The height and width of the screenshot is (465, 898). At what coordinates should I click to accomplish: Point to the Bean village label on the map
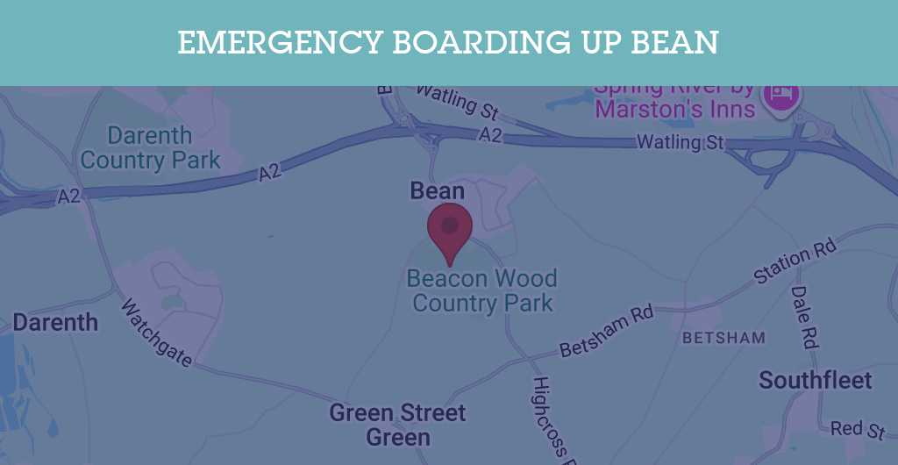click(x=438, y=190)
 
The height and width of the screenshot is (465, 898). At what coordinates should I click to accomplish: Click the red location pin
click(x=450, y=228)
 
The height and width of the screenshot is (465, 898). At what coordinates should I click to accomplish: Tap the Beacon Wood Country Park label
click(x=482, y=291)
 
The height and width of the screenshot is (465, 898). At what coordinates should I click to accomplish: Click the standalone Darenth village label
click(x=55, y=322)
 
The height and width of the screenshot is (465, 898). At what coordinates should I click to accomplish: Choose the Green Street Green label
click(x=398, y=425)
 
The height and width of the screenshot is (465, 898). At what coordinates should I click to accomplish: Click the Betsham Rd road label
click(x=607, y=332)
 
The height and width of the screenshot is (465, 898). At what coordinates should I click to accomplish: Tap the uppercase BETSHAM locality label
click(x=723, y=338)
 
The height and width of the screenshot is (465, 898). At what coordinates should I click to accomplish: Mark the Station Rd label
click(x=795, y=262)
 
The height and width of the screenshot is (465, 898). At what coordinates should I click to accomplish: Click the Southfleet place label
click(x=816, y=380)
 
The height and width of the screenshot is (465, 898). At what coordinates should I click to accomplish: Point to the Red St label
click(x=859, y=429)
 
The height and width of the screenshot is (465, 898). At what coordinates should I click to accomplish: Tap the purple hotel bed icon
click(x=780, y=94)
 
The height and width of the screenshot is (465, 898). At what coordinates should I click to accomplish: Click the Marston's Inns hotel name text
click(x=674, y=108)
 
